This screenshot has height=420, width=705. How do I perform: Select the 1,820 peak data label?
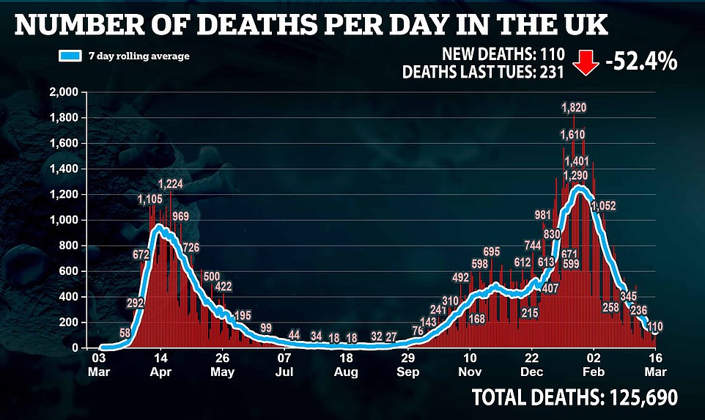coord(573,108)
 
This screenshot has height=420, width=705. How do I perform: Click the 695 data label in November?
coord(492,252)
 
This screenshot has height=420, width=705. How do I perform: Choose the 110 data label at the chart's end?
coord(656,326)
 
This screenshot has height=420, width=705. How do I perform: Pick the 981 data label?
coord(542,215)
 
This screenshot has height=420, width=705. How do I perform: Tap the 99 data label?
coord(266,327)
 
